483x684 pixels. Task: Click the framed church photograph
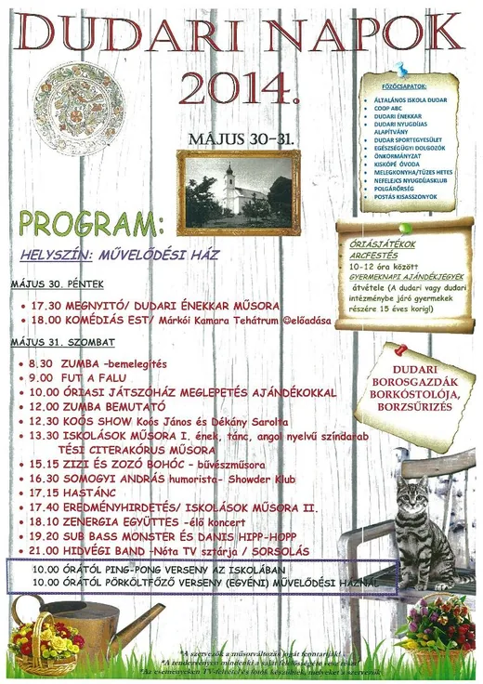click(239, 192)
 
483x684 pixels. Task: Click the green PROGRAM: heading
click(90, 226)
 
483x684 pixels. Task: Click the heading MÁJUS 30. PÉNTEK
click(57, 283)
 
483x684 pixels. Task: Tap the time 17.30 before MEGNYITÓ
click(46, 305)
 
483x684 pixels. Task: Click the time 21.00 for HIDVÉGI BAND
click(45, 551)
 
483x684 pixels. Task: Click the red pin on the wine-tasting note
click(401, 350)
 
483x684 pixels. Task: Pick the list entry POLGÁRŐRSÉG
click(398, 190)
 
